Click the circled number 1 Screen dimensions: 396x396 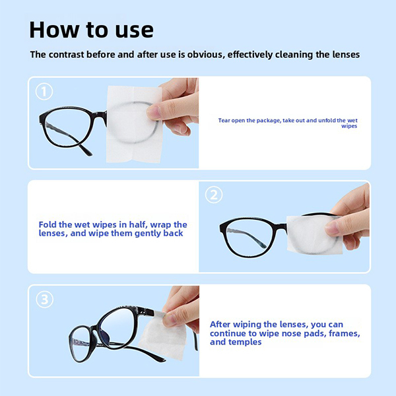click(x=44, y=92)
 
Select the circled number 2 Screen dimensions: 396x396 click(x=214, y=195)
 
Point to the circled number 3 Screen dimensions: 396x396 click(x=44, y=300)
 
